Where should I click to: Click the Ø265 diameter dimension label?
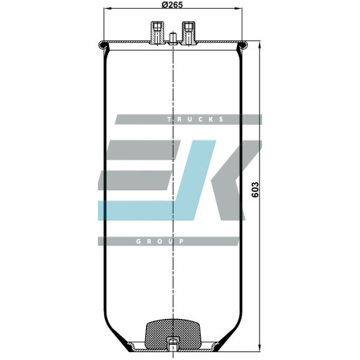172,5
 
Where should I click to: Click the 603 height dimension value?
255,189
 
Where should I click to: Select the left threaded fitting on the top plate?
157,33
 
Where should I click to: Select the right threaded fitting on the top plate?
189,33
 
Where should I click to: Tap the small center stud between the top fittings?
173,39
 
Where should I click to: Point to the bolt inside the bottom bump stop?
173,344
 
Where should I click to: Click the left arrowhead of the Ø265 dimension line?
107,9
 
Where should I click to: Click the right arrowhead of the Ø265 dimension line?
239,9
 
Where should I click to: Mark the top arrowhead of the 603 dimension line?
260,44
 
